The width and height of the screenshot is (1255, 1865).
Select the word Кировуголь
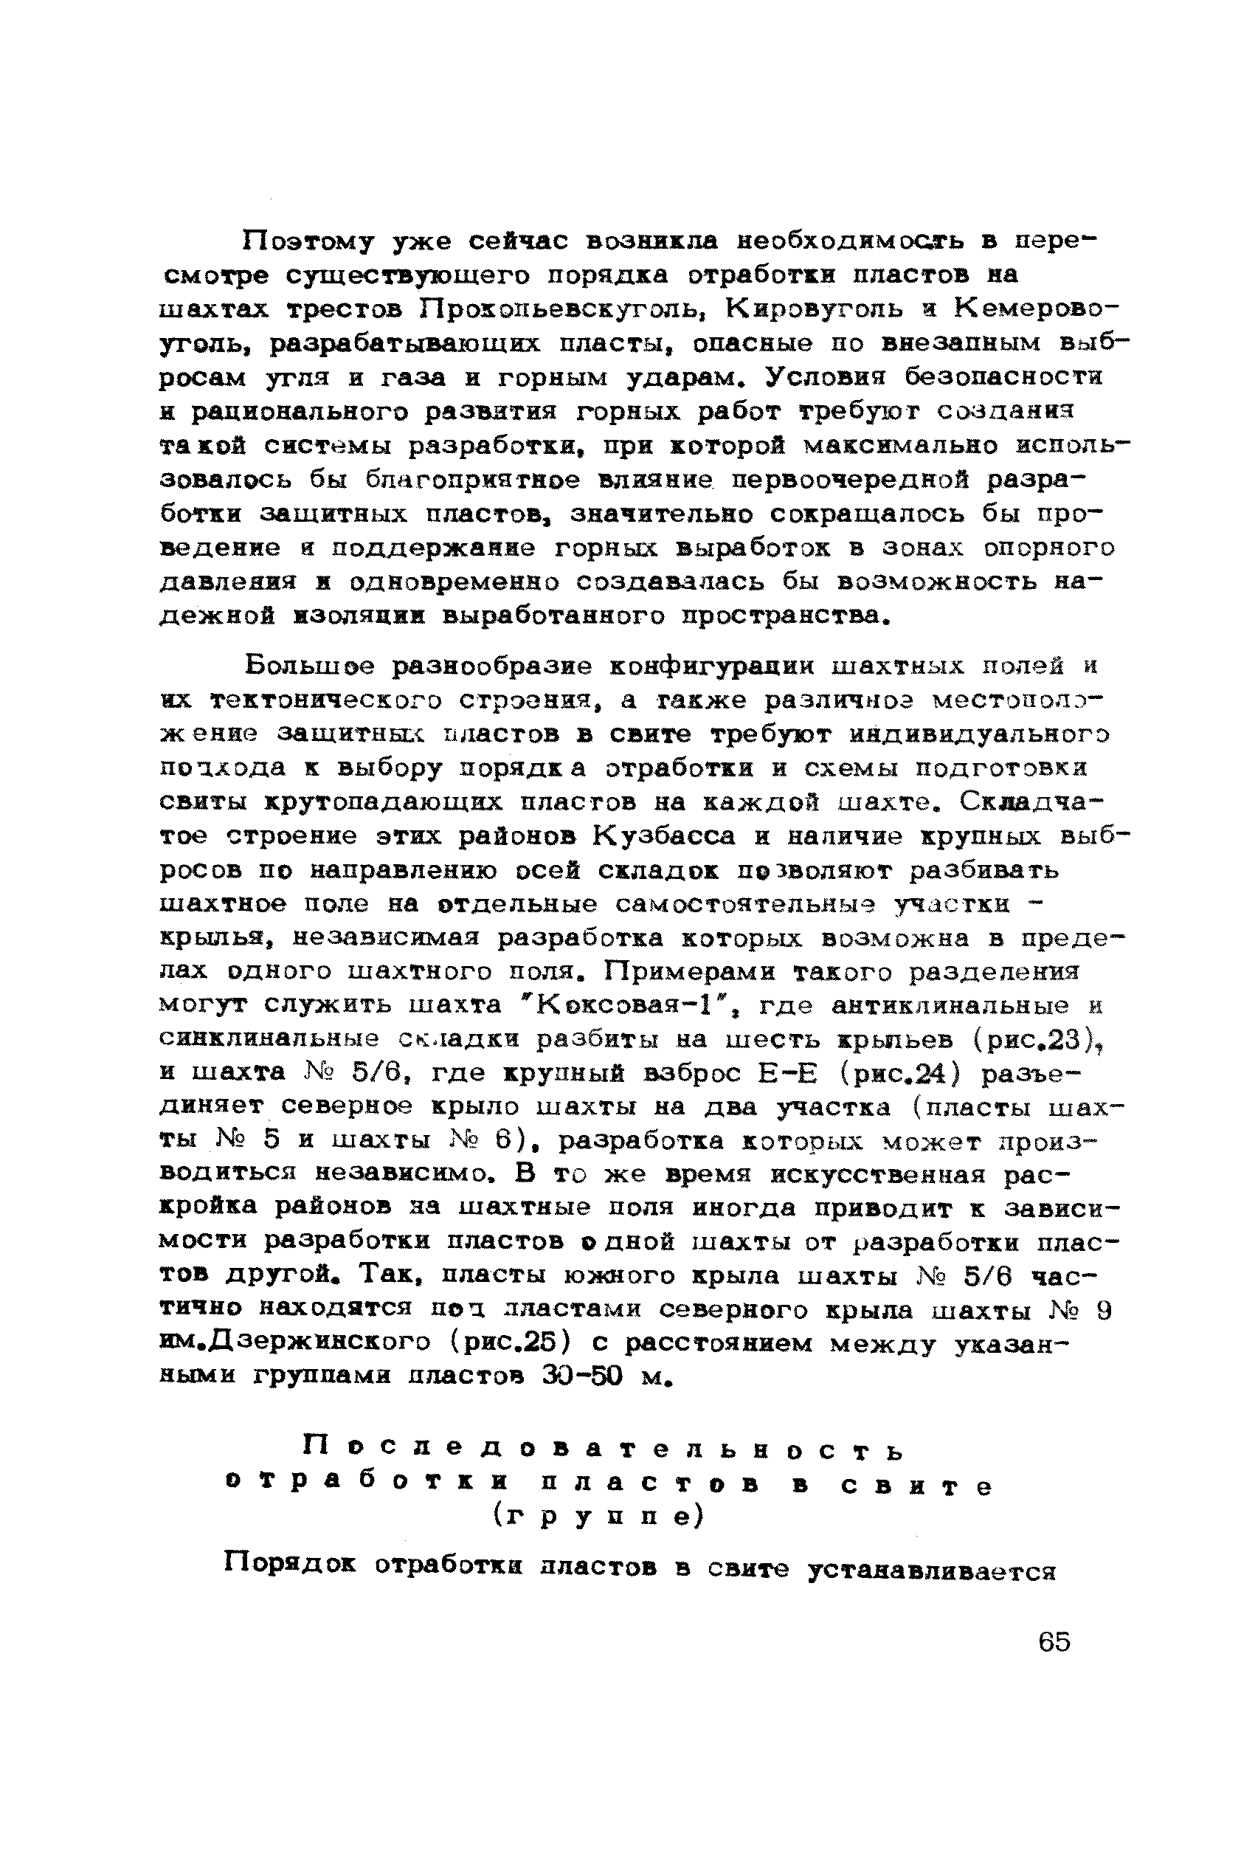coord(807,309)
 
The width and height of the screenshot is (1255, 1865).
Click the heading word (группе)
coord(598,1517)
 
